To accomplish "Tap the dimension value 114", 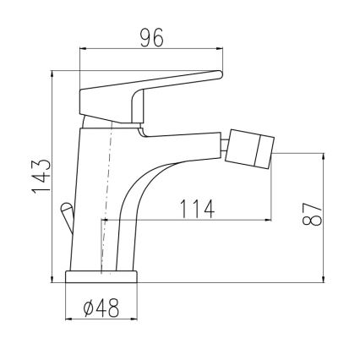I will coord(196,207).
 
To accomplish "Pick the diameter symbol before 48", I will coord(90,309).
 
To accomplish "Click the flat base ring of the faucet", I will coord(103,277).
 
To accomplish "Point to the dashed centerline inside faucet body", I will coord(107,194).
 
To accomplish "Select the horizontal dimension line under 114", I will coord(186,220).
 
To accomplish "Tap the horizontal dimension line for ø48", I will coord(103,320).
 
